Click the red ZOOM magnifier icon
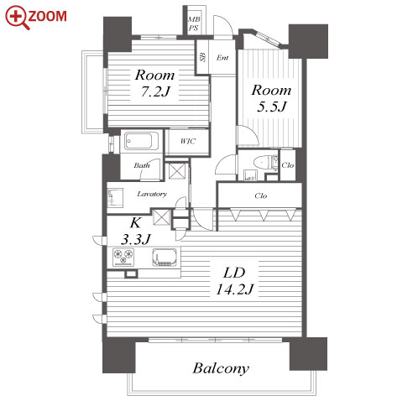pos(18,18)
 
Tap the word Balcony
pos(221,368)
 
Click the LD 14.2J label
pos(234,281)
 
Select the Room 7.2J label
pos(155,83)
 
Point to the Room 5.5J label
pos(271,98)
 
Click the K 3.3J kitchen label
pos(136,231)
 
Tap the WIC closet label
pos(188,141)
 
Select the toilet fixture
pos(262,162)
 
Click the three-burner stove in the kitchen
pos(123,257)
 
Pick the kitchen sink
pos(165,258)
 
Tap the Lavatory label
pos(152,194)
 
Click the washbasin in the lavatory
pos(115,197)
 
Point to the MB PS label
pos(194,23)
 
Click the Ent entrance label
pos(222,58)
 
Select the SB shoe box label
pos(202,57)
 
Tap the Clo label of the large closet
pos(261,195)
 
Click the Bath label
pos(142,165)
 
